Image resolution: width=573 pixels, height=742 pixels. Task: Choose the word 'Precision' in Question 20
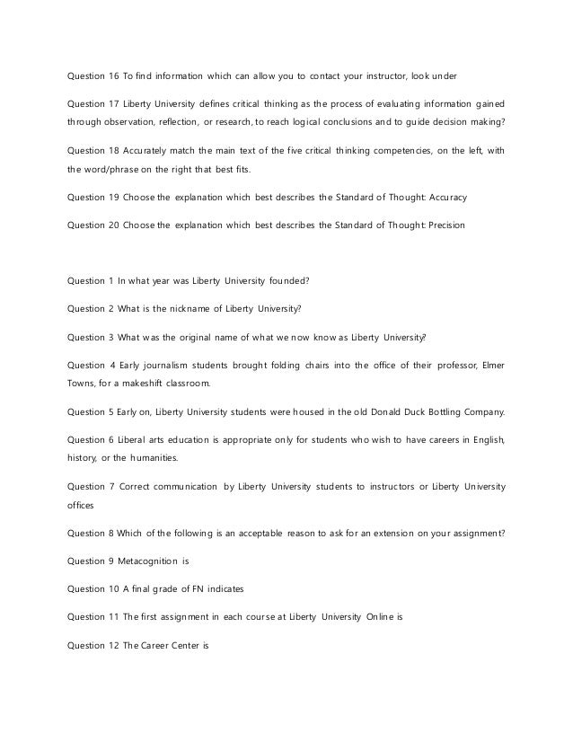444,224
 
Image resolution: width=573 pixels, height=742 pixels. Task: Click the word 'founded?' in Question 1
286,280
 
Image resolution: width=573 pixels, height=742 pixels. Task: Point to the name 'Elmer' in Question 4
491,364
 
